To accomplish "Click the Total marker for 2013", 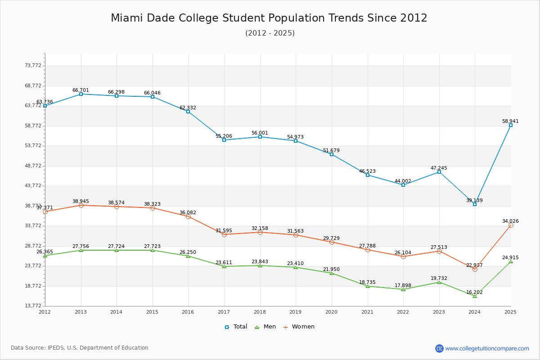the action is point(81,94).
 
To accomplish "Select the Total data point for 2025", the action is point(511,125).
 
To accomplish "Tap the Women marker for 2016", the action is point(188,217).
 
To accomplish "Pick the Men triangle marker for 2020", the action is point(332,273).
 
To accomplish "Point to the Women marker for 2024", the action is point(475,270).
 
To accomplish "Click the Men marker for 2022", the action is point(403,289).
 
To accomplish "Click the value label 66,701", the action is point(81,90).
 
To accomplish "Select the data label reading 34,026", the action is point(510,221).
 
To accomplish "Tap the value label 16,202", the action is point(474,292).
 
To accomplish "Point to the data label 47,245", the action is point(439,168).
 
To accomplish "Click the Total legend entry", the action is point(236,327).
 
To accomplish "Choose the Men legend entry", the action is point(265,327).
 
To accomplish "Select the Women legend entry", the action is point(299,327).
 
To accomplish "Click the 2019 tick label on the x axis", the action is point(295,312).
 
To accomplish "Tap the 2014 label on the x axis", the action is point(116,312).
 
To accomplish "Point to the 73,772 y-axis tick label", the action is point(33,66).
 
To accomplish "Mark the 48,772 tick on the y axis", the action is point(33,166).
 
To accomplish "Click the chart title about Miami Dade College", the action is point(269,18).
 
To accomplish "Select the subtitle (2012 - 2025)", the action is point(270,33).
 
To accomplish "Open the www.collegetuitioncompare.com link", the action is point(487,348).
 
